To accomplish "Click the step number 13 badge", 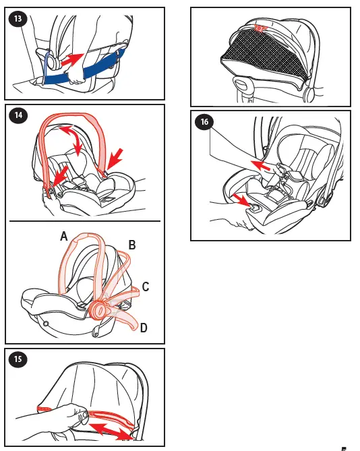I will point(20,20).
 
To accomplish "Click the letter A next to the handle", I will point(63,237).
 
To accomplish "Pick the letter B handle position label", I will point(132,246).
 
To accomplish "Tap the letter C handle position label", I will point(145,287).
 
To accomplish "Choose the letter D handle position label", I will point(143,328).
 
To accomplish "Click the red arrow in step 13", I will point(72,59).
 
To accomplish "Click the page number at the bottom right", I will point(344,448).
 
